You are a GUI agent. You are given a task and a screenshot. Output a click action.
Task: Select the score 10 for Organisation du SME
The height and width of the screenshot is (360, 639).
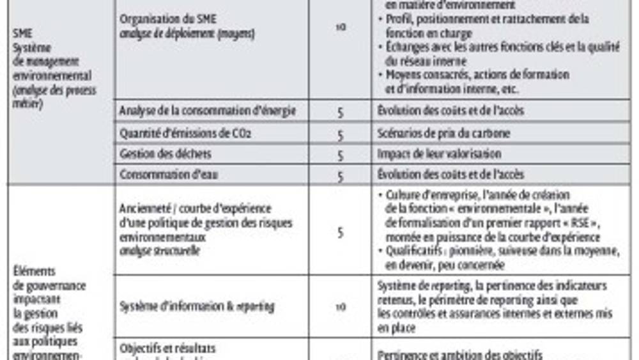coord(341,27)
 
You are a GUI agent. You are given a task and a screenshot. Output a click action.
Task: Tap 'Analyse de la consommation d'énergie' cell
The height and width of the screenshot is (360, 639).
coord(207,111)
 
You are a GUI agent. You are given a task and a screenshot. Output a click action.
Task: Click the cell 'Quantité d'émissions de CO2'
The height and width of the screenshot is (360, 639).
coord(185,134)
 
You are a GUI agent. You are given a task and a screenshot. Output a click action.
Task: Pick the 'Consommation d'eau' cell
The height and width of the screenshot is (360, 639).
coord(169,175)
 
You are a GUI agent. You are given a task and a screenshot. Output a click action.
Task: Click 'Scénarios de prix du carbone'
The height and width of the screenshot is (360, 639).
coord(443,134)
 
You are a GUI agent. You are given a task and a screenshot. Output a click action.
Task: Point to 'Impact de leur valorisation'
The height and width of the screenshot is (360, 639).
coord(438,154)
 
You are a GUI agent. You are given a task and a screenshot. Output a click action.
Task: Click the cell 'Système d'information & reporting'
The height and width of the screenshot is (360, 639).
coord(197,306)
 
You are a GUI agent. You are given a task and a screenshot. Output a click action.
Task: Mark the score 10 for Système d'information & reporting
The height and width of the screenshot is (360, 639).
coord(341,307)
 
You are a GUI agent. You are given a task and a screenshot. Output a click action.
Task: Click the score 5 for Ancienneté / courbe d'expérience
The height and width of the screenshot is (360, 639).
coord(341,232)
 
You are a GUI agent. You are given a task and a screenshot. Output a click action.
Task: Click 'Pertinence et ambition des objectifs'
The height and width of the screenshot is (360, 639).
coord(459,354)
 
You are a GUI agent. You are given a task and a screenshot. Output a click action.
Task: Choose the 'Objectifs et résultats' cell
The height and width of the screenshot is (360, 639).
coord(167,348)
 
